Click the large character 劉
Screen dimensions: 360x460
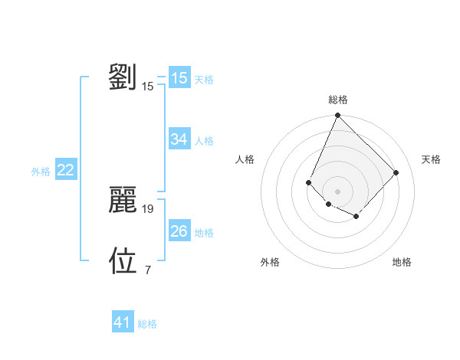(x=123, y=77)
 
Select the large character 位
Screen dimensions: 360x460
(x=123, y=261)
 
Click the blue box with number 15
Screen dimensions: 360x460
(x=179, y=78)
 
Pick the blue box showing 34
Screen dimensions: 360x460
(x=179, y=139)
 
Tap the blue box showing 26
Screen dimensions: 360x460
(x=179, y=231)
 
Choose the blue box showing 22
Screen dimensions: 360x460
(x=66, y=170)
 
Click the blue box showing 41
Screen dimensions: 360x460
(x=123, y=322)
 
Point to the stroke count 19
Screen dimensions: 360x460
(x=148, y=208)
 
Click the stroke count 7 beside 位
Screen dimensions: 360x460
(x=147, y=270)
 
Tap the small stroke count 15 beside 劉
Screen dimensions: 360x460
(x=148, y=87)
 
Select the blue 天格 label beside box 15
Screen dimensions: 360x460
(x=204, y=79)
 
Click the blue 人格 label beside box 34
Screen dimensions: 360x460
(x=204, y=140)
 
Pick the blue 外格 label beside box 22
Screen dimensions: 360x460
(x=41, y=172)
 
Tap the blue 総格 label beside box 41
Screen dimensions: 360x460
(x=147, y=324)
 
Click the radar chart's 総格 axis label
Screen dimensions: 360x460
(x=337, y=100)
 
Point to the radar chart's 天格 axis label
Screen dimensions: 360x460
(x=431, y=159)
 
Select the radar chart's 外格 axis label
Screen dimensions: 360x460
(x=270, y=262)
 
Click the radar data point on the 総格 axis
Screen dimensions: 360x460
(x=337, y=116)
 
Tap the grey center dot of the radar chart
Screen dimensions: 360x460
(x=337, y=191)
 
